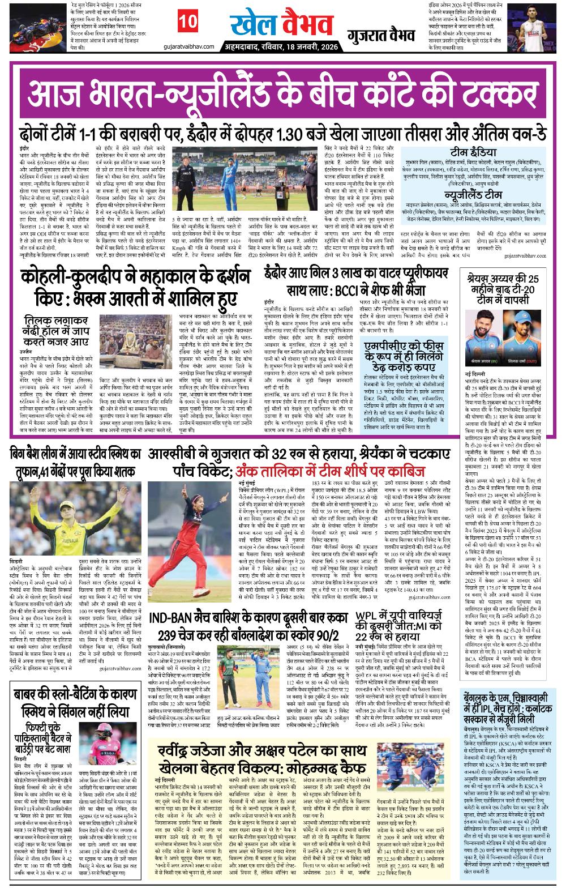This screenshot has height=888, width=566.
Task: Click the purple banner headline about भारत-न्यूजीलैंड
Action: (282, 92)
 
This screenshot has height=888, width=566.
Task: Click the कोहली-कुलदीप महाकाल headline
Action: (136, 289)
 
